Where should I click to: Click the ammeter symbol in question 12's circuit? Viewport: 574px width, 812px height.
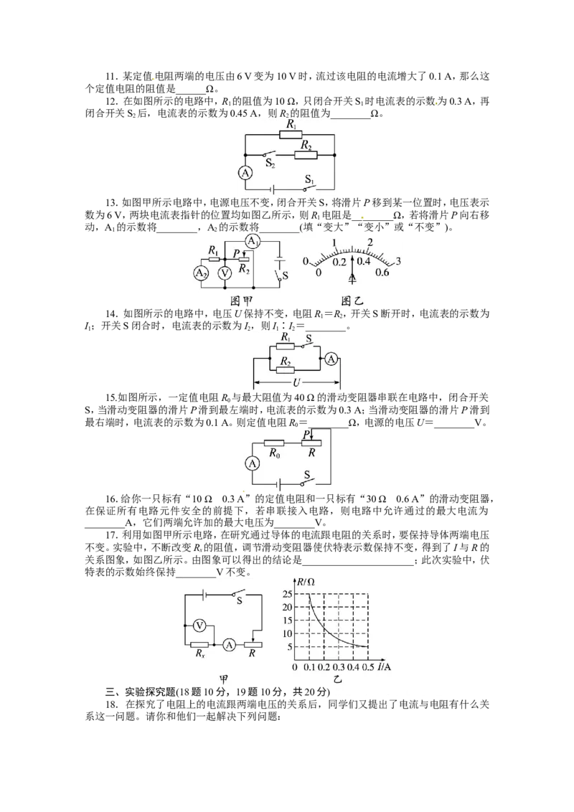click(245, 172)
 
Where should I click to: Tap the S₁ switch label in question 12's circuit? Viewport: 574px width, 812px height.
click(310, 180)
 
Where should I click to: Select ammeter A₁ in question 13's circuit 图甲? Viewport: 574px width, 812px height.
click(253, 241)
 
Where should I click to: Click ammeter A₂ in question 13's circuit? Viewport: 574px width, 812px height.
click(201, 273)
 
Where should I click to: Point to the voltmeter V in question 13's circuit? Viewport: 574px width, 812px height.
click(225, 273)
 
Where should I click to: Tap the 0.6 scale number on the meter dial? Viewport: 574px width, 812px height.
click(382, 273)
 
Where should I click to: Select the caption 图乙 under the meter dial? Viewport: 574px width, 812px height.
click(352, 301)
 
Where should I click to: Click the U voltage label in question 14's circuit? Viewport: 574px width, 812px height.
click(296, 383)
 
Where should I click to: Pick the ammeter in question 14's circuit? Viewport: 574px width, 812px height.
click(331, 359)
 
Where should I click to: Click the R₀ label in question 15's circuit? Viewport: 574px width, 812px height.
click(275, 453)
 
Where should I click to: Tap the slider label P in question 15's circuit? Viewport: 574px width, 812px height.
click(306, 434)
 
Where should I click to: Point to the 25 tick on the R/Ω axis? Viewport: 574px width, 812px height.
click(287, 594)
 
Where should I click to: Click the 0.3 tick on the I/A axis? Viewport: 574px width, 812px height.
click(339, 666)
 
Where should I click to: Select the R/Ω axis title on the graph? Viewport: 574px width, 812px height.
click(306, 582)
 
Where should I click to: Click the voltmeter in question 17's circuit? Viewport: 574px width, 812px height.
click(199, 625)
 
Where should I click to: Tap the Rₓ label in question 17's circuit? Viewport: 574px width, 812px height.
click(200, 653)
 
